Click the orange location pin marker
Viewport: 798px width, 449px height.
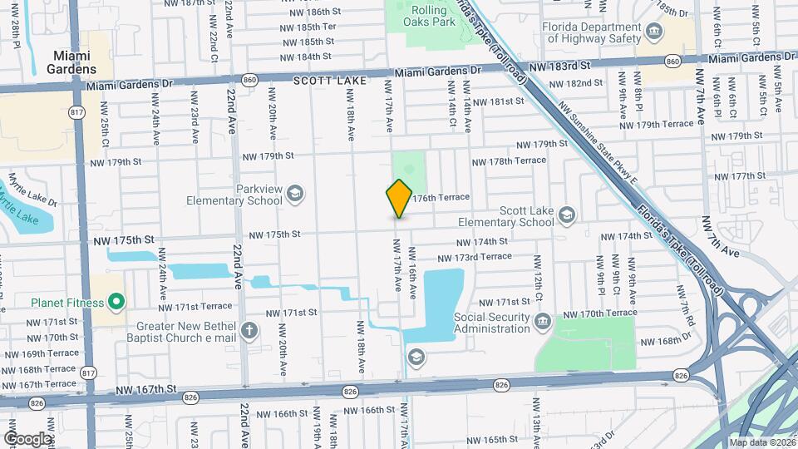click(399, 198)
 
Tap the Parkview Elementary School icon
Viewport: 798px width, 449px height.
click(293, 195)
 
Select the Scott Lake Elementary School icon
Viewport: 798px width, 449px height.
click(566, 215)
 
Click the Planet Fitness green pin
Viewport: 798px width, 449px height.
click(116, 302)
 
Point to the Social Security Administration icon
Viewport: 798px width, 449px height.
click(542, 321)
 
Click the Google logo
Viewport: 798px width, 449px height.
click(27, 438)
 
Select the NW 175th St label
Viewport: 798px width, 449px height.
click(125, 240)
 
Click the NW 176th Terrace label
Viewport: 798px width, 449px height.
click(441, 198)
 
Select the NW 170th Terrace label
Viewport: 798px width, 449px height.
click(599, 313)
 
